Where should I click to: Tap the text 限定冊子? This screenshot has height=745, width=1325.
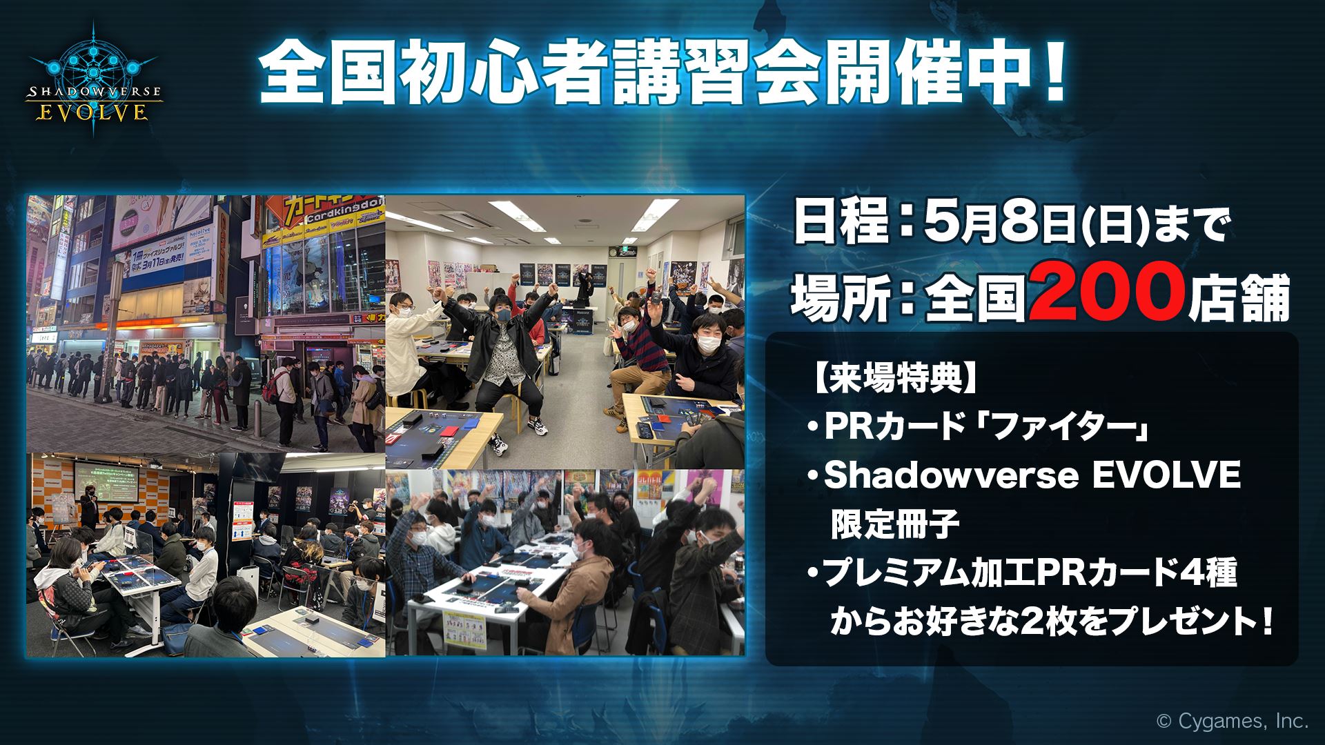(x=894, y=526)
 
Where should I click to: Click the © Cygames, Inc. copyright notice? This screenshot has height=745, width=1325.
(x=1231, y=722)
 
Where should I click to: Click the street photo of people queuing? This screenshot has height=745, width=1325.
(x=206, y=324)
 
